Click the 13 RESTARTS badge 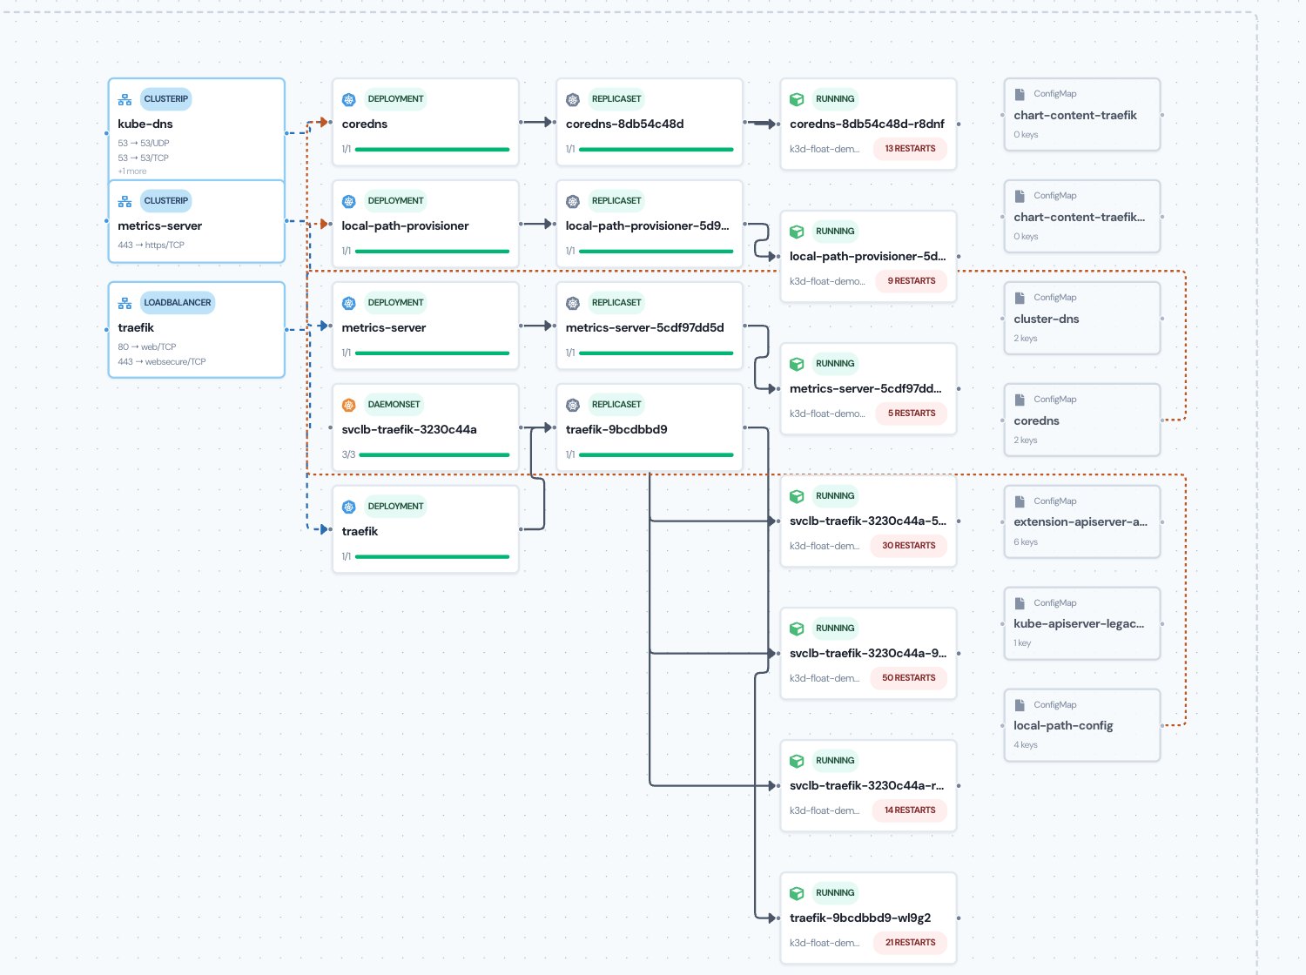coord(910,149)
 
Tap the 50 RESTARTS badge coord(908,677)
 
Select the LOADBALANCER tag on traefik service coord(178,302)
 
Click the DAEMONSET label coord(394,404)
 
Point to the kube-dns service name coord(145,124)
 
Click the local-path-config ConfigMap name coord(1063,725)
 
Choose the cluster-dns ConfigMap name coord(1046,319)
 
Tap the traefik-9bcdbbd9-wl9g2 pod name coord(859,918)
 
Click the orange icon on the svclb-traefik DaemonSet coord(348,405)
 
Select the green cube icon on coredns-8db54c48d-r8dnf coord(797,99)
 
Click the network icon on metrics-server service coord(125,201)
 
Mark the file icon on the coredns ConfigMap coord(1020,400)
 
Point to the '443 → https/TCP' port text coord(151,245)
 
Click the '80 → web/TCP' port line coord(147,346)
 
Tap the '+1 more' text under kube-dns coord(132,171)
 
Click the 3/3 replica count coord(348,454)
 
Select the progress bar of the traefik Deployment coord(432,557)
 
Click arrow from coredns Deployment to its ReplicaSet coord(537,122)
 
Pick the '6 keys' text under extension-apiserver coord(1026,542)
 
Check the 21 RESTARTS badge coord(910,942)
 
